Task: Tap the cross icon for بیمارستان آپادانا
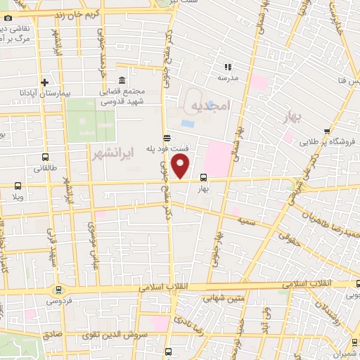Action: click(44, 82)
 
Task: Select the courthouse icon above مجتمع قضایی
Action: click(122, 80)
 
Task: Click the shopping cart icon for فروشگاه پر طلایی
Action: click(327, 131)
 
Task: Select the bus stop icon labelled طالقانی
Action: click(46, 157)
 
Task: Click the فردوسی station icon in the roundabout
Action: click(58, 289)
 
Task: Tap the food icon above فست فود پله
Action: click(166, 138)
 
